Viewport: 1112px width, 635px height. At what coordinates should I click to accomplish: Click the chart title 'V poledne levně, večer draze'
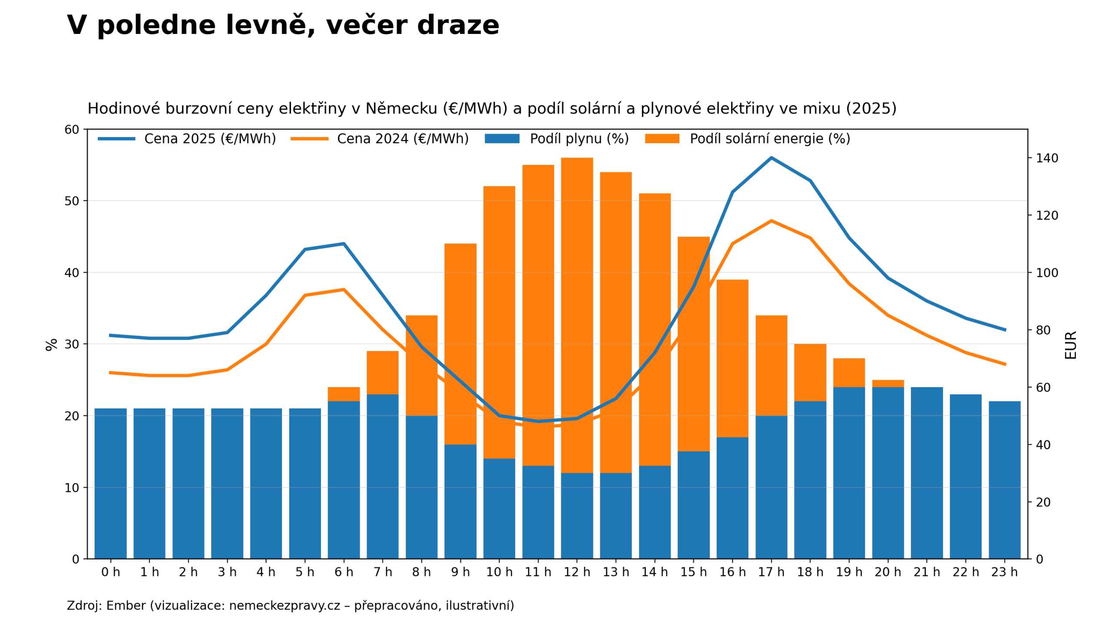pyautogui.click(x=283, y=25)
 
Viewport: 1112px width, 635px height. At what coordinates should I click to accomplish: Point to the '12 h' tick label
pyautogui.click(x=577, y=572)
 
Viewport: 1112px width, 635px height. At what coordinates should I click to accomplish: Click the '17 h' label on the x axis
pyautogui.click(x=771, y=572)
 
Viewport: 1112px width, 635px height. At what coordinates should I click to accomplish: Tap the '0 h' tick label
pyautogui.click(x=110, y=572)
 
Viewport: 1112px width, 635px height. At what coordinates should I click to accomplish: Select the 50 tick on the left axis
pyautogui.click(x=72, y=201)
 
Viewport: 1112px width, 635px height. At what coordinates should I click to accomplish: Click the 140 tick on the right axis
pyautogui.click(x=1047, y=158)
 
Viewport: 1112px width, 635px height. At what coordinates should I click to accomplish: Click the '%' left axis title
pyautogui.click(x=52, y=345)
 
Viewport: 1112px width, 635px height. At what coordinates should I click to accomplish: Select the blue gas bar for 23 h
pyautogui.click(x=1005, y=480)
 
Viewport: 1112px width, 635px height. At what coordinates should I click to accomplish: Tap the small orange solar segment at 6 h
pyautogui.click(x=344, y=394)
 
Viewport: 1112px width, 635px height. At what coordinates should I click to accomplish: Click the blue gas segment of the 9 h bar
pyautogui.click(x=460, y=502)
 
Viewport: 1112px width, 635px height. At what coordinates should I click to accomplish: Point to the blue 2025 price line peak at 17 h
pyautogui.click(x=771, y=158)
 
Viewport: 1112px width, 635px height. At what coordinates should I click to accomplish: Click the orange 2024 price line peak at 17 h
pyautogui.click(x=771, y=220)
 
